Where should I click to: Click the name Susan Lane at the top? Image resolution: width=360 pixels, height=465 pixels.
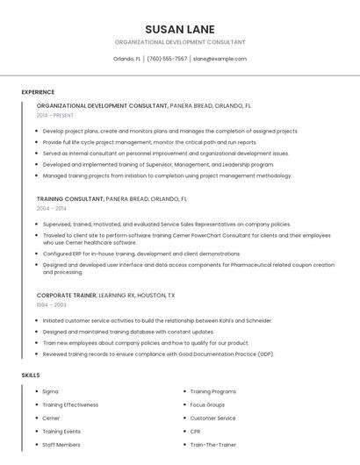pos(179,29)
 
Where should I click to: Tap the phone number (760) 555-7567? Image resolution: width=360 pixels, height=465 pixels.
pos(167,59)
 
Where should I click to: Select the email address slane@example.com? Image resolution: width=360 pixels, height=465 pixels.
pos(220,59)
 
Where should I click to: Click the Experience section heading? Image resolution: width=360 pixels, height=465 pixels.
pos(38,92)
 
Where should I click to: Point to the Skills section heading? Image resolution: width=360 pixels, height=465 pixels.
pos(31,376)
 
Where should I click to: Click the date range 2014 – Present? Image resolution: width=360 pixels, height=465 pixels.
pos(55,115)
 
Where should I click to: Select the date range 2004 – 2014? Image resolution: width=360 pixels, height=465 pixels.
pos(51,209)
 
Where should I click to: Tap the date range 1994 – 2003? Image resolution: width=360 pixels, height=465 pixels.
pos(51,304)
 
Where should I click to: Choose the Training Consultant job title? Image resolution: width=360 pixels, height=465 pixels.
pos(69,199)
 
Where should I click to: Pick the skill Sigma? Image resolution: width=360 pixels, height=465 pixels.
pos(50,391)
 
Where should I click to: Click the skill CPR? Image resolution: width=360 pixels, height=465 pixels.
pos(196,432)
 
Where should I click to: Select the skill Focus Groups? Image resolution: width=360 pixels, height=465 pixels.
pos(207,404)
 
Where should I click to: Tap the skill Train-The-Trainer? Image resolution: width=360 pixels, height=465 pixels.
pos(212,445)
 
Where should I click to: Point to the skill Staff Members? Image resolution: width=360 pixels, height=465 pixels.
pos(61,445)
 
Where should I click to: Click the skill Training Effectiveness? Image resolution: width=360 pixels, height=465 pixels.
pos(70,404)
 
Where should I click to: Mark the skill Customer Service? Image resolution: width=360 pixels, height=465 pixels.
pos(212,418)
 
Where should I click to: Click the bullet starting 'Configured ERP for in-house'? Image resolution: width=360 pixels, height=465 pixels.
pos(140,254)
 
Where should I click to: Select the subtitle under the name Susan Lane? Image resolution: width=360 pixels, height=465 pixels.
pos(179,42)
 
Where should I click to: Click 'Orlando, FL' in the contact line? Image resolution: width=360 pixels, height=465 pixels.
pos(126,59)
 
